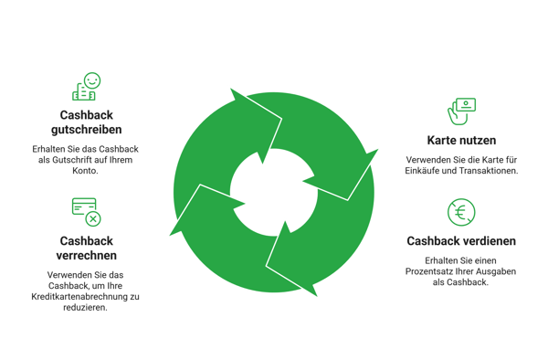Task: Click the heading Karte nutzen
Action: pyautogui.click(x=461, y=140)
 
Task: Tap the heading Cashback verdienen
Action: pyautogui.click(x=461, y=241)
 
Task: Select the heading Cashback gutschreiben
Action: pyautogui.click(x=87, y=122)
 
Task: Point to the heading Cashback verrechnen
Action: pyautogui.click(x=87, y=248)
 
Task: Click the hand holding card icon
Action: pyautogui.click(x=461, y=111)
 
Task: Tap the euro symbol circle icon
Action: pyautogui.click(x=461, y=212)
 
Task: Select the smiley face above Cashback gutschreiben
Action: pyautogui.click(x=92, y=80)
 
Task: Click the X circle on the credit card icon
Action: pyautogui.click(x=93, y=219)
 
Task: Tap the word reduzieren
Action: pyautogui.click(x=85, y=307)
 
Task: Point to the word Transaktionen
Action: pyautogui.click(x=489, y=171)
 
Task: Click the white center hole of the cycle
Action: pyautogui.click(x=274, y=192)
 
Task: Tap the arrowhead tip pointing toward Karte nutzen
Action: pyautogui.click(x=378, y=149)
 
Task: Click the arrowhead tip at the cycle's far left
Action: pyautogui.click(x=170, y=235)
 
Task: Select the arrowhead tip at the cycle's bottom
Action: pyautogui.click(x=317, y=296)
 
